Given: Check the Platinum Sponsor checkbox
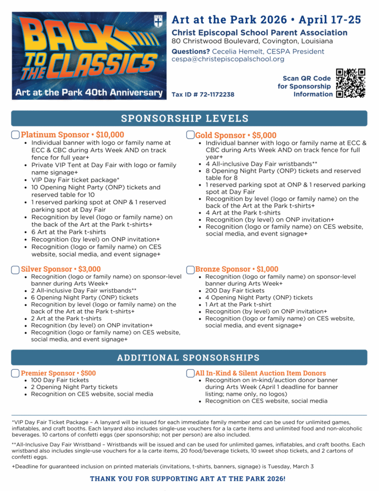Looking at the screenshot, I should [x=15, y=135].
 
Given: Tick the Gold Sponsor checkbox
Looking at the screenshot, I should [x=190, y=135].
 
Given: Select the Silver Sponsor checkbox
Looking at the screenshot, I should [x=15, y=269].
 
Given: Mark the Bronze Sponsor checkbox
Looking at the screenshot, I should [x=190, y=269].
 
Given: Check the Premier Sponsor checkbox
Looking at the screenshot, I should [x=15, y=373].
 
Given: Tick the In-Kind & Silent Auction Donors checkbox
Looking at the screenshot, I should [x=190, y=373].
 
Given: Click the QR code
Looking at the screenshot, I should [x=350, y=83].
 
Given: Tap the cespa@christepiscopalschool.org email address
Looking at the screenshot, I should [x=228, y=59].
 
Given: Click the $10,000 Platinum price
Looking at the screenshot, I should [x=108, y=135].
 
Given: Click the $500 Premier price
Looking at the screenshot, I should [x=88, y=373].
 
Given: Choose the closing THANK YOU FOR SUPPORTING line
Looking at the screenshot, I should [x=189, y=479].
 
